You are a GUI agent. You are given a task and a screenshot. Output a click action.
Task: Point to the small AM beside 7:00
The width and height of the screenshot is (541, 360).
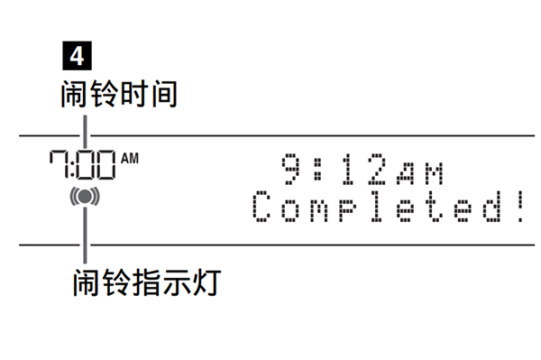coord(130,159)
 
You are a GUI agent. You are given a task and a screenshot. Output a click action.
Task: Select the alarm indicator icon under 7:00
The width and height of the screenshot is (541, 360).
coord(85,196)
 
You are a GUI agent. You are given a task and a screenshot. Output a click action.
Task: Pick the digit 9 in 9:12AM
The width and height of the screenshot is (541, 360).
coord(289,169)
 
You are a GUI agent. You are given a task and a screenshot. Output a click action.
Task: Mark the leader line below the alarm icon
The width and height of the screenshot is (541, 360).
coord(85,235)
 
